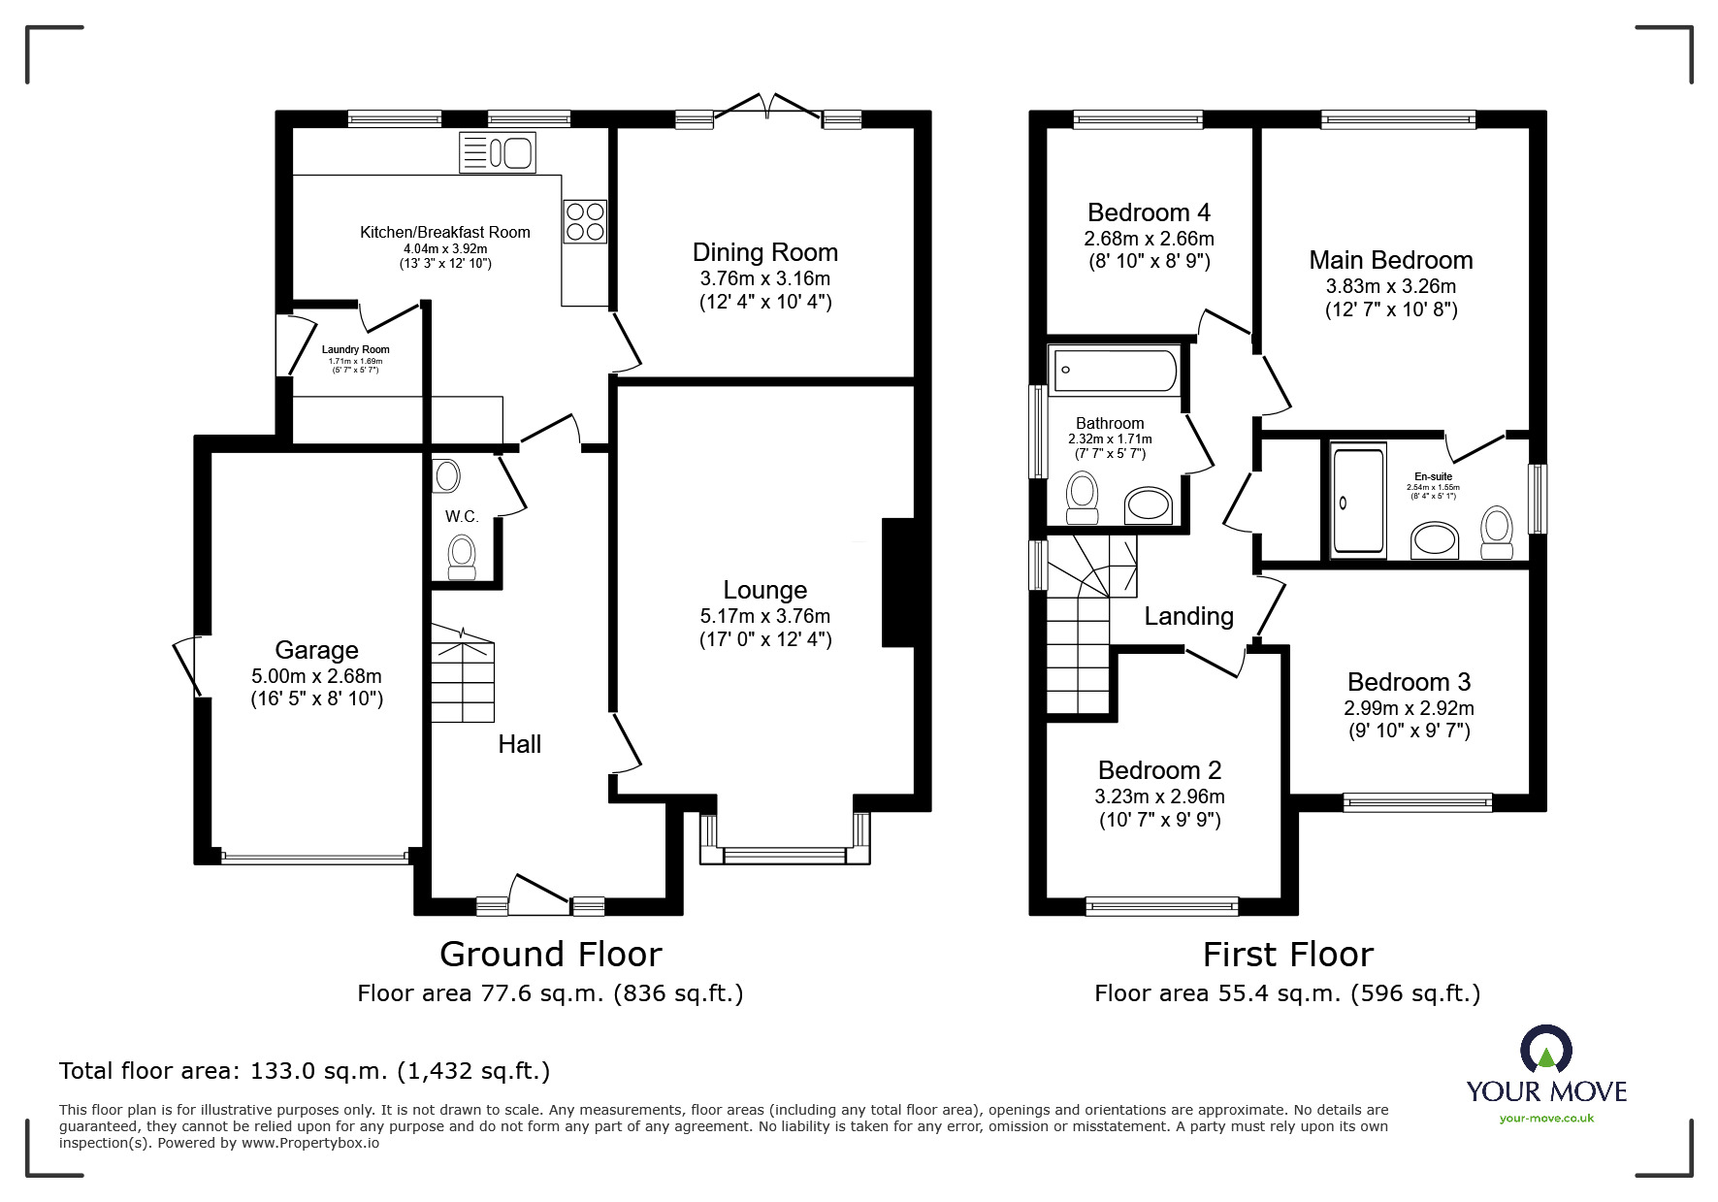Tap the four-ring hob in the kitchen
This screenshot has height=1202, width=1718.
click(585, 221)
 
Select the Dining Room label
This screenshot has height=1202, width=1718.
click(764, 252)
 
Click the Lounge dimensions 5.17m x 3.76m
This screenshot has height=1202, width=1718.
click(764, 616)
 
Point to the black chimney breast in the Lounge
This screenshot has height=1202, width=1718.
click(897, 582)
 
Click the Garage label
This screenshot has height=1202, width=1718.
click(316, 650)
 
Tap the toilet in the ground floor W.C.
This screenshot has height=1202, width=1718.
click(462, 558)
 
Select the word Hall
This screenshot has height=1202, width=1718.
click(519, 744)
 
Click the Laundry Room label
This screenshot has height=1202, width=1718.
click(355, 350)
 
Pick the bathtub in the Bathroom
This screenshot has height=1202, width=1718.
click(1115, 370)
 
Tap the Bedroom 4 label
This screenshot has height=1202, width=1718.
click(1149, 212)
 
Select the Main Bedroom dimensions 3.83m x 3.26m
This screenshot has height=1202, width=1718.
click(1390, 286)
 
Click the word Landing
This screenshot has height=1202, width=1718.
click(1188, 616)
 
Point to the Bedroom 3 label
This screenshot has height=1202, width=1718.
click(1409, 682)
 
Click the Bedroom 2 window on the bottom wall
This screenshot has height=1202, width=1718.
click(1162, 906)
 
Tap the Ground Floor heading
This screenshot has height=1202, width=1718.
click(550, 955)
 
